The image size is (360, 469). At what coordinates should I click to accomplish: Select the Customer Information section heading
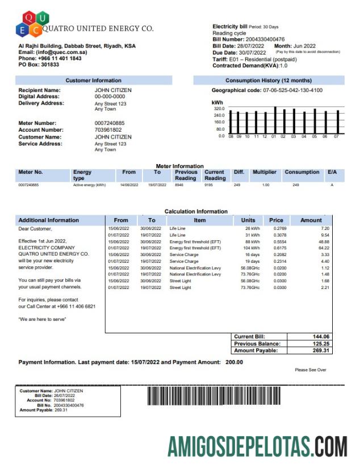pos(93,81)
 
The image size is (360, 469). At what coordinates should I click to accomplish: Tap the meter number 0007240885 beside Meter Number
pos(110,123)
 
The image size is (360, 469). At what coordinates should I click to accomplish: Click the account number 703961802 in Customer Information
pos(107,130)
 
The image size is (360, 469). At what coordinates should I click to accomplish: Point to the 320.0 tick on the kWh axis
pos(219,108)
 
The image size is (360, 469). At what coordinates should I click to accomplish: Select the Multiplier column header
pos(264,172)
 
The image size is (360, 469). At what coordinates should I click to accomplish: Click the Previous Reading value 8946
pos(179,185)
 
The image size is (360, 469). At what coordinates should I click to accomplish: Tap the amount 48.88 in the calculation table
pos(323,241)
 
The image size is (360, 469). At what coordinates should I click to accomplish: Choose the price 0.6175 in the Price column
pos(277,248)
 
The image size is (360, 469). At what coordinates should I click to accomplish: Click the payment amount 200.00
pos(234,362)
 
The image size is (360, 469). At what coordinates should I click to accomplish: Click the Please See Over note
pos(310,370)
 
